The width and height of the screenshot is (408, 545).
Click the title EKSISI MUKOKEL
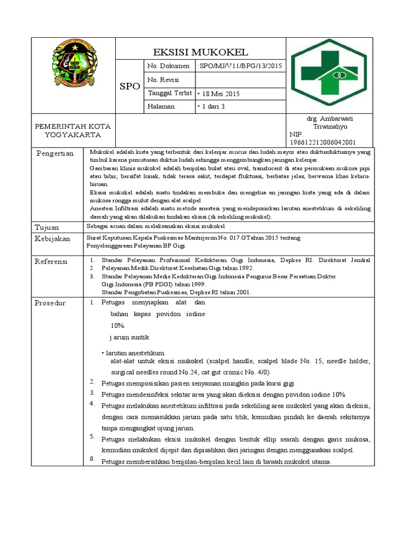200,52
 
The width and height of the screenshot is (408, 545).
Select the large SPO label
129,86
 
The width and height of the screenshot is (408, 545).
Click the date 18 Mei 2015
219,94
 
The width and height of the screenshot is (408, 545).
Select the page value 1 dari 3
211,107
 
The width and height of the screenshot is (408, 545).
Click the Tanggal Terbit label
169,94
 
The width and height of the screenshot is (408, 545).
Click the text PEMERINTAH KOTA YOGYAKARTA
73,130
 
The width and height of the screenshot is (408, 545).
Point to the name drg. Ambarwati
330,119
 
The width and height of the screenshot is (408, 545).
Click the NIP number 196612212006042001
322,142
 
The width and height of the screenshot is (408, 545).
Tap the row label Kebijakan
53,239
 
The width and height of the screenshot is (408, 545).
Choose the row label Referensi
52,261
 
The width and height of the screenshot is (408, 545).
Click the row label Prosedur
50,303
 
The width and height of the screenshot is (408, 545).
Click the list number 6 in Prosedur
92,458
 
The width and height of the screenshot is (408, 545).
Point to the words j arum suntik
129,337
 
